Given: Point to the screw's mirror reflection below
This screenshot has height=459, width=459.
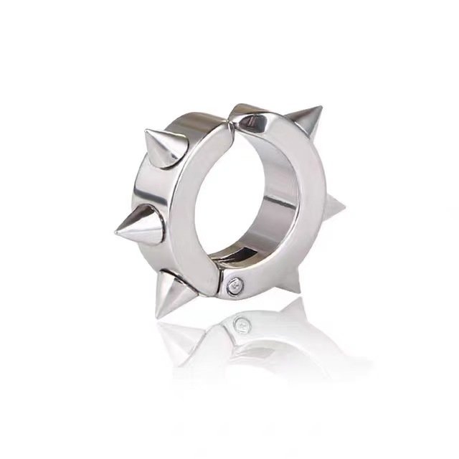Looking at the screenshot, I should (x=242, y=325).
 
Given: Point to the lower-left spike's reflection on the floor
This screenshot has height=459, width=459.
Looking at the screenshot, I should (x=179, y=337).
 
